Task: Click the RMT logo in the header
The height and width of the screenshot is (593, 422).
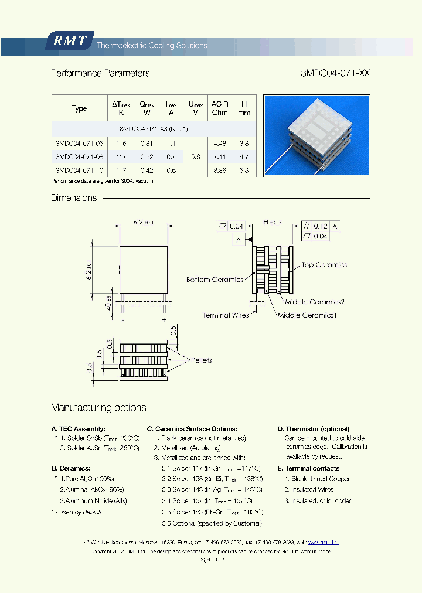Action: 69,40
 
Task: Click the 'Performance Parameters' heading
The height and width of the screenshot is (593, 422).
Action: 100,73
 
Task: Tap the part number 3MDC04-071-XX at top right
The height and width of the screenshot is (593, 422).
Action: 335,73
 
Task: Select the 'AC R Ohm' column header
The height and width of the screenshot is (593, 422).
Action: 220,108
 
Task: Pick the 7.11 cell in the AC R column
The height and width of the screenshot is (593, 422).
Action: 220,156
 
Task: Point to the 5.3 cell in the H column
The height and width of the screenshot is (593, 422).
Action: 244,170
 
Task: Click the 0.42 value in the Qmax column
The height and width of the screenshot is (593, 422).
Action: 147,170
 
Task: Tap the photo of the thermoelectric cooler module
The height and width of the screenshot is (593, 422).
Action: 316,135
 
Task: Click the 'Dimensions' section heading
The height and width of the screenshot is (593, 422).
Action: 74,198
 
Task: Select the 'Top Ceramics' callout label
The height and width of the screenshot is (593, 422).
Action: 324,265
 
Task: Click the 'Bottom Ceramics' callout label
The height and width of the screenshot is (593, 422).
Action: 215,280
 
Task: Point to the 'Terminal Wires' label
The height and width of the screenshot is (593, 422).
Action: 226,315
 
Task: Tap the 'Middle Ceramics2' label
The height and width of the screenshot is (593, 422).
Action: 314,302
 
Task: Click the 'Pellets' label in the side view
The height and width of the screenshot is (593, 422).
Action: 201,360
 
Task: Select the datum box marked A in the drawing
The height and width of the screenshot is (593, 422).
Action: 239,240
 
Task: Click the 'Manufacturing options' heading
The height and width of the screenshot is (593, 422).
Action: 98,408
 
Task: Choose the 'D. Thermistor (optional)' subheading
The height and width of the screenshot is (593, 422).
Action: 313,429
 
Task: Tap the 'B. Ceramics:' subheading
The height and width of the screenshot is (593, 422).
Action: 71,468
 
